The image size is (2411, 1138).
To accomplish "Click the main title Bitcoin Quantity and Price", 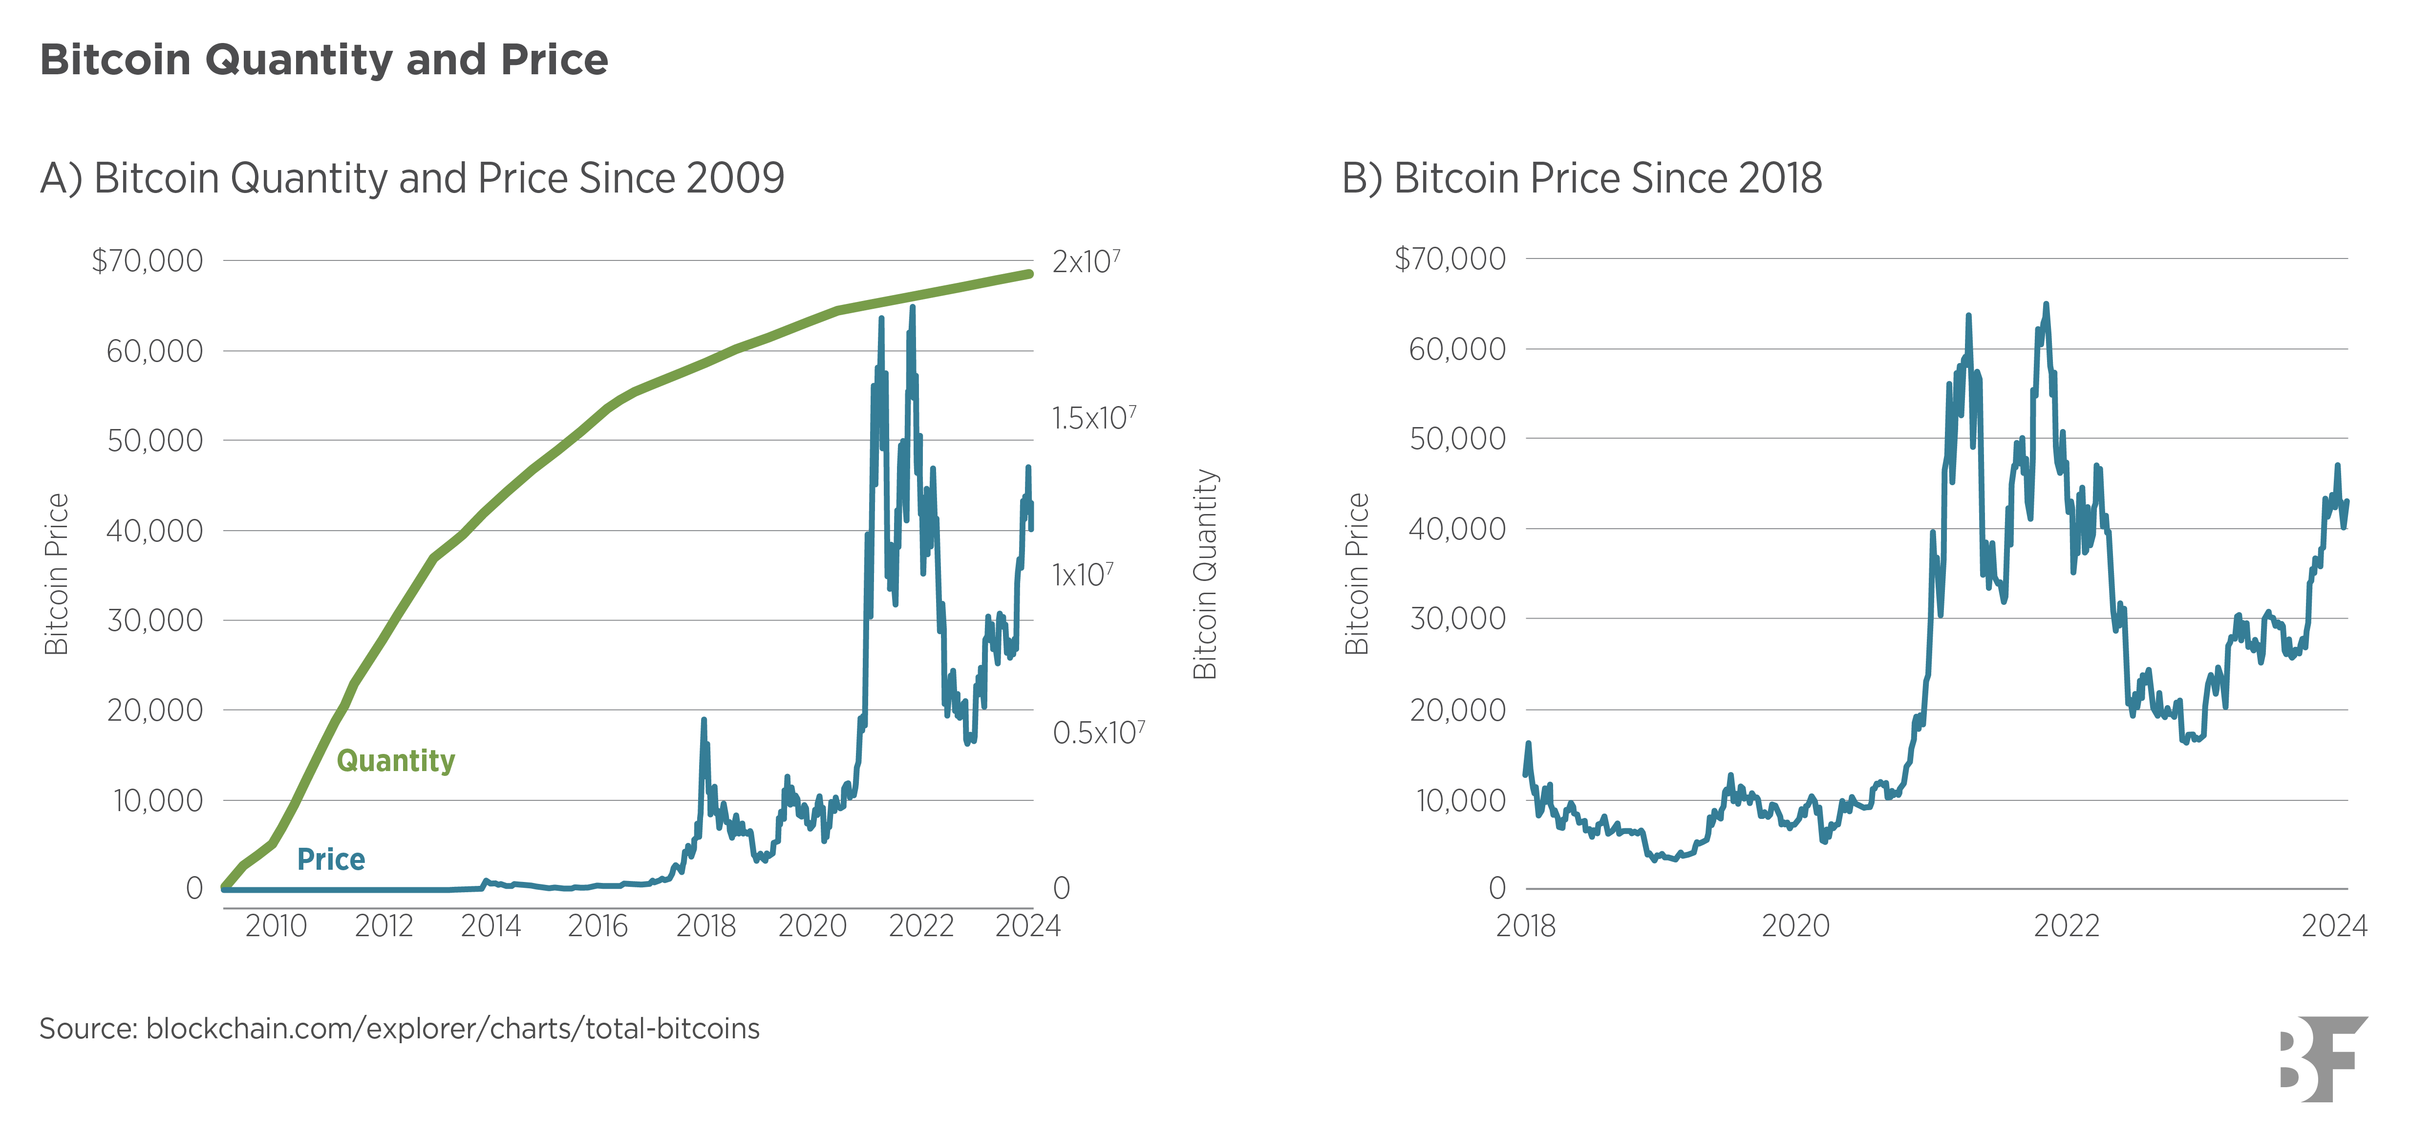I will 324,60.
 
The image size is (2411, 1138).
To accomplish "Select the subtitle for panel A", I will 412,178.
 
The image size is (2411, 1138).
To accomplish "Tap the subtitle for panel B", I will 1582,178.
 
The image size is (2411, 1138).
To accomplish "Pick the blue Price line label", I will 330,859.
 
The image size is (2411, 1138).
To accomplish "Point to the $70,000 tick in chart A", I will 147,260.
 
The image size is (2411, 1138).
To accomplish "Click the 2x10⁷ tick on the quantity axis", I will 1086,261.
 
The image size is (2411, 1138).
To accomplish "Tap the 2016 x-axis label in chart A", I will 597,926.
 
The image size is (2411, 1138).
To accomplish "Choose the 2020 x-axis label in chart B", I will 1795,926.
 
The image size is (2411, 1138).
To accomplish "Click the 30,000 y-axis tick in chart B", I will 1457,619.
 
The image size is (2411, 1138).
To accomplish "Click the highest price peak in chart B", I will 2046,305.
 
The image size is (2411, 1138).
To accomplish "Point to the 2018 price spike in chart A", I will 704,721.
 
